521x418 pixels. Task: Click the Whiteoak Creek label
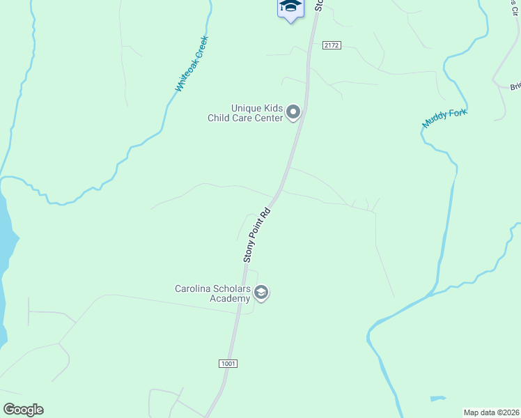click(192, 64)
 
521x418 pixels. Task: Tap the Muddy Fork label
click(444, 118)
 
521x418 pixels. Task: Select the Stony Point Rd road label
click(256, 233)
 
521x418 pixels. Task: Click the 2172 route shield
click(332, 45)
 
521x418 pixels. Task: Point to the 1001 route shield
click(228, 364)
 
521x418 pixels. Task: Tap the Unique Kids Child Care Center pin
click(294, 111)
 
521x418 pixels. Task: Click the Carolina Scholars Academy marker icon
click(261, 293)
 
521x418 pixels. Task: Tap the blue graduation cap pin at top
click(290, 7)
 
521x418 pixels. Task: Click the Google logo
click(23, 410)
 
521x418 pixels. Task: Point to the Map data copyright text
click(491, 412)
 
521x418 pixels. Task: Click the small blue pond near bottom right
click(437, 399)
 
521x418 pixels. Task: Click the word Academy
click(230, 299)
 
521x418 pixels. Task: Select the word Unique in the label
click(247, 108)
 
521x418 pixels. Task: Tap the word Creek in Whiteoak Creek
click(201, 47)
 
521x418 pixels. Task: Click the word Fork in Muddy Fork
click(458, 114)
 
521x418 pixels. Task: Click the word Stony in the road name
click(249, 250)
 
